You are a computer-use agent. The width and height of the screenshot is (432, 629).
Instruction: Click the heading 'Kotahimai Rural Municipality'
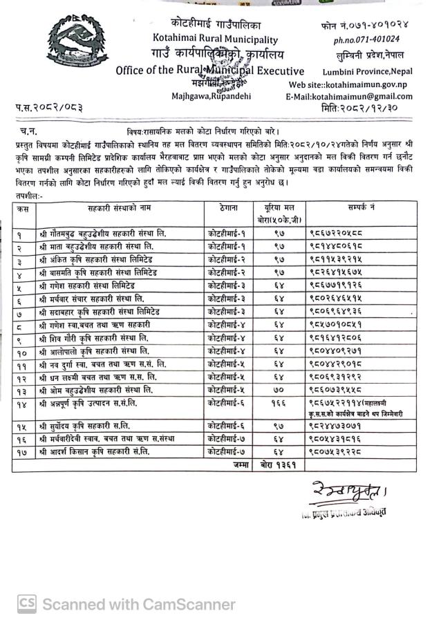pyautogui.click(x=216, y=40)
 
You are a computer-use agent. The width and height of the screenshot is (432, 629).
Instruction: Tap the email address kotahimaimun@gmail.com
pyautogui.click(x=353, y=97)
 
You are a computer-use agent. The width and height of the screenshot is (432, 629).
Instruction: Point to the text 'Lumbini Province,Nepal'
pyautogui.click(x=368, y=71)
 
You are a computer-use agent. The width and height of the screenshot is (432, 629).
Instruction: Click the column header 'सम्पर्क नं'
pyautogui.click(x=362, y=207)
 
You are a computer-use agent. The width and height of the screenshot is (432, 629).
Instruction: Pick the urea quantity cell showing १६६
pyautogui.click(x=278, y=402)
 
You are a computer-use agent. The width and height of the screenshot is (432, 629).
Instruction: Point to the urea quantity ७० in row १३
pyautogui.click(x=278, y=388)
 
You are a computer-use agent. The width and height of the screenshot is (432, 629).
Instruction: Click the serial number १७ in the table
pyautogui.click(x=24, y=451)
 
